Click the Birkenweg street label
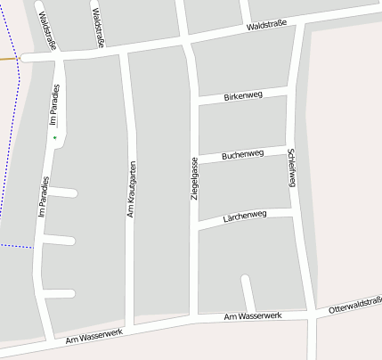pos(242,94)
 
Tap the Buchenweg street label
pos(242,155)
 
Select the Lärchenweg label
pos(244,216)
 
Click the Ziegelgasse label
pos(194,177)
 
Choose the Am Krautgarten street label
pos(131,189)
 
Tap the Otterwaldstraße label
pos(354,306)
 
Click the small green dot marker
pos(54,138)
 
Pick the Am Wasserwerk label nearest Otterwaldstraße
pos(253,316)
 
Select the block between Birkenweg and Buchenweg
pos(242,125)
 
